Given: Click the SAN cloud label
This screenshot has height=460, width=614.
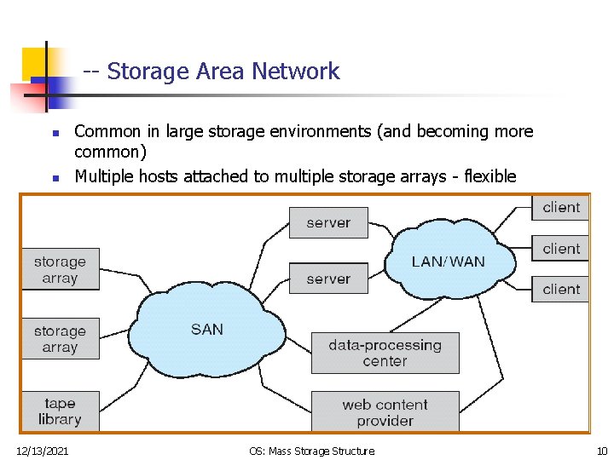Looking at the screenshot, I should click(207, 330).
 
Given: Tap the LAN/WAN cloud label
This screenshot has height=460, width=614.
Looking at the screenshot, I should click(448, 262).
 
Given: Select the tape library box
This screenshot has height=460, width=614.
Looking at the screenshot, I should click(60, 411).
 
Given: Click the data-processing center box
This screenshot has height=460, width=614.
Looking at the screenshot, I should click(385, 353).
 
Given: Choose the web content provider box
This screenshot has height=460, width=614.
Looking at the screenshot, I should click(385, 412).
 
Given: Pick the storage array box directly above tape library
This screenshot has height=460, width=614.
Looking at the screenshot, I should click(60, 339).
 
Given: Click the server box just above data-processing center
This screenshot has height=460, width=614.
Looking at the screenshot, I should click(328, 279).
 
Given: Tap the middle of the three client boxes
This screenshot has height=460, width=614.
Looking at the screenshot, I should click(560, 249).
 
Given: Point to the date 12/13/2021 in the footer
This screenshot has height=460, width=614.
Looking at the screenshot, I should click(43, 450).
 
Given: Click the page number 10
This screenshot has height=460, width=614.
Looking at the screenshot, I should click(601, 450).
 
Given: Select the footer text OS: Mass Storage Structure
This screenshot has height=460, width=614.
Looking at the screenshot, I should click(311, 450).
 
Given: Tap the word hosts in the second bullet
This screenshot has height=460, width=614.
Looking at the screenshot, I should click(159, 176).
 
